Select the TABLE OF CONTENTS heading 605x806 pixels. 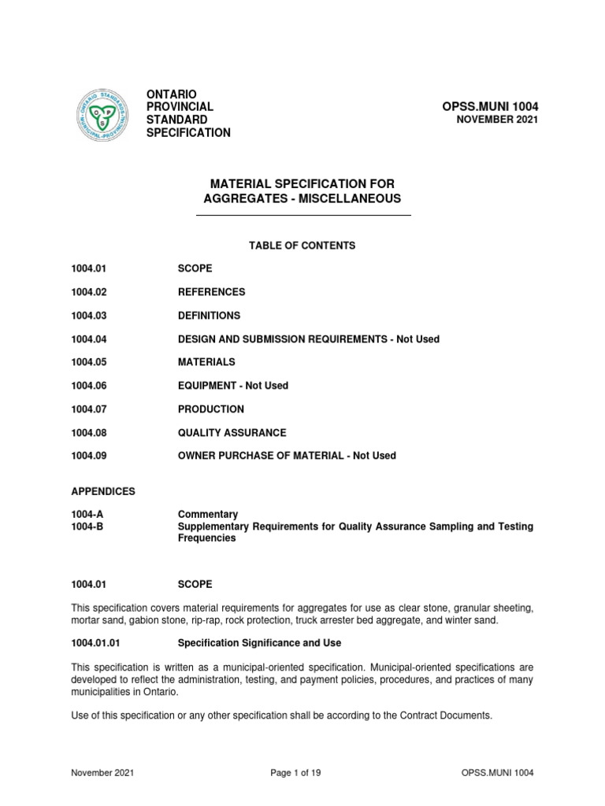302,246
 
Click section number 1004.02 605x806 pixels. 88,292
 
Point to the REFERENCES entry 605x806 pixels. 212,292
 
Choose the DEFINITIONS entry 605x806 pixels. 210,316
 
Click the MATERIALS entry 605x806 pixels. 206,363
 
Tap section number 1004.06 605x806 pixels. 88,386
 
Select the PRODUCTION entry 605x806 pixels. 211,409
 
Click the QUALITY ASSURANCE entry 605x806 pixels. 232,433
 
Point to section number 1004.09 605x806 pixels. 88,456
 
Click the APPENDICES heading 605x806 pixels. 103,491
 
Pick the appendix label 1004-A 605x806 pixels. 85,514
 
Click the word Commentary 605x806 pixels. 208,514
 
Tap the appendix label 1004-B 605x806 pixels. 85,526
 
